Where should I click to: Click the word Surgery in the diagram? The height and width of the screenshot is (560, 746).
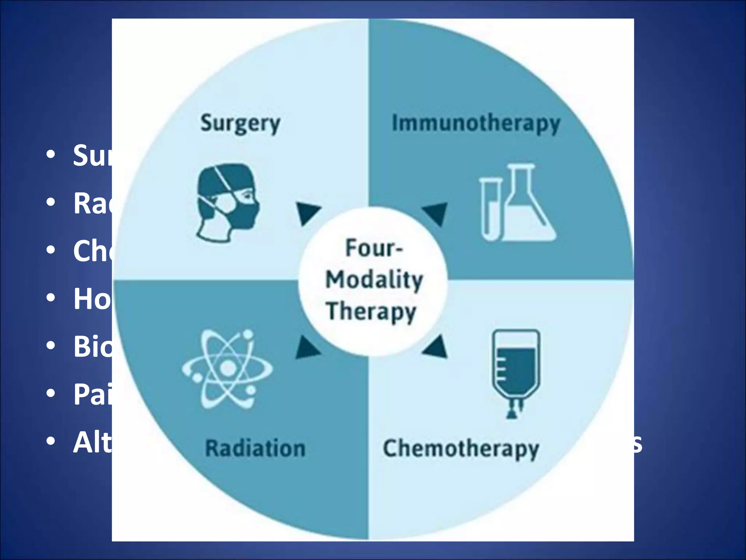[x=240, y=124]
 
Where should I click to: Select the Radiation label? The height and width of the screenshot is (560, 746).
[x=255, y=448]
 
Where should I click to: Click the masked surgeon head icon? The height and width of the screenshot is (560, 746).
[x=227, y=202]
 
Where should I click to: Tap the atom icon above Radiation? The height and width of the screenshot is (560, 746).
[x=227, y=369]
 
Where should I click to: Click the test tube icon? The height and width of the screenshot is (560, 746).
[x=490, y=209]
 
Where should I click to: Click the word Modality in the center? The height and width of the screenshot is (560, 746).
[x=374, y=280]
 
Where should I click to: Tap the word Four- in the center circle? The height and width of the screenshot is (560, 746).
[x=374, y=248]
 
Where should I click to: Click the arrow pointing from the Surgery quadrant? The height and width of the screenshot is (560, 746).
[x=307, y=213]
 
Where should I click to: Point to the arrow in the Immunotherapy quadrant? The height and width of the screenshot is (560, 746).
[x=436, y=213]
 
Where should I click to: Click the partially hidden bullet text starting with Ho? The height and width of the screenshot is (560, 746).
[x=92, y=299]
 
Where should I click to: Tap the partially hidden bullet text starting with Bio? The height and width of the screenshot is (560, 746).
[x=93, y=346]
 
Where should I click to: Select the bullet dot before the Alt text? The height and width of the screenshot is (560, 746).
[x=51, y=442]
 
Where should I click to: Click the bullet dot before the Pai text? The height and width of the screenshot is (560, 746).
[x=51, y=393]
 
